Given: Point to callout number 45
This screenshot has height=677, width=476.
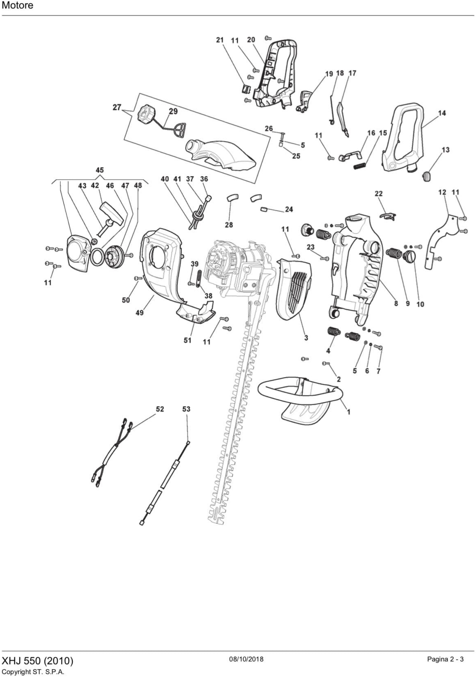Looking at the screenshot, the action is pyautogui.click(x=100, y=170).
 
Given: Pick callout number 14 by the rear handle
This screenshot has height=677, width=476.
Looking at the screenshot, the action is pyautogui.click(x=442, y=113).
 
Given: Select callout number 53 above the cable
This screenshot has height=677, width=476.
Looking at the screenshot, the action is pyautogui.click(x=186, y=409).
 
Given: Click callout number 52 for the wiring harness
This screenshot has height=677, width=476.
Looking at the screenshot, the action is pyautogui.click(x=160, y=409).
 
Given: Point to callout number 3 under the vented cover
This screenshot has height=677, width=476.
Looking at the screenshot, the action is pyautogui.click(x=306, y=338).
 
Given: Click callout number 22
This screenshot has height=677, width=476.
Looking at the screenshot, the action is pyautogui.click(x=379, y=193).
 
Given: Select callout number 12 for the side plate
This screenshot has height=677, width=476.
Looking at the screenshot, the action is pyautogui.click(x=442, y=192).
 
